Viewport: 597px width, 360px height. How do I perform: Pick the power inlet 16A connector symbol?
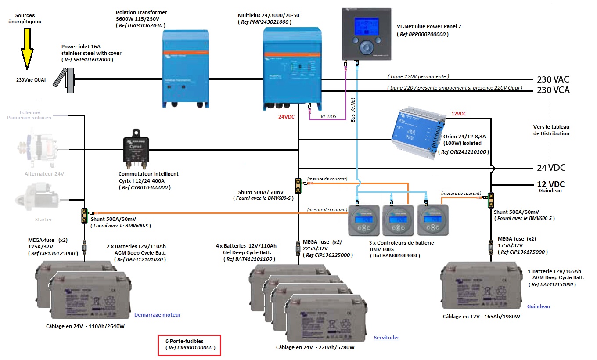pos(66,79)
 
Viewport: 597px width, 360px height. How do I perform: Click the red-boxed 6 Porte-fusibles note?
pos(189,345)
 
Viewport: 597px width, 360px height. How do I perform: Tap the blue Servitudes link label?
pos(387,338)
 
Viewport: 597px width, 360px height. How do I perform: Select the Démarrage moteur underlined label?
pos(157,315)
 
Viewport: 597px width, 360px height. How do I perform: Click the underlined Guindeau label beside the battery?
pos(538,306)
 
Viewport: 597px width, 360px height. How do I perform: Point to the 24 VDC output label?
pos(551,168)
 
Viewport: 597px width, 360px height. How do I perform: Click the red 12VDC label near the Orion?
pos(459,114)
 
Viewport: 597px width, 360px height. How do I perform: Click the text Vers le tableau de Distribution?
pos(551,130)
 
